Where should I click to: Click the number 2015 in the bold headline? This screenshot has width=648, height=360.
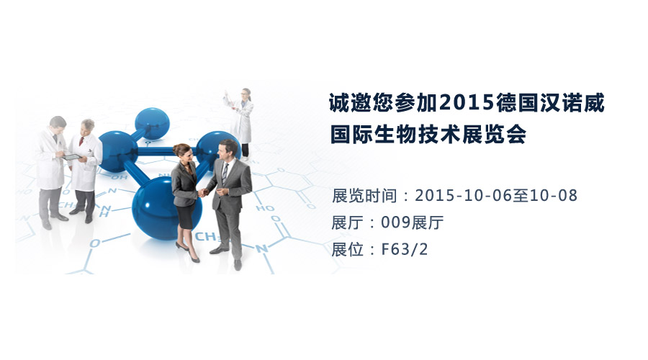tap(467, 102)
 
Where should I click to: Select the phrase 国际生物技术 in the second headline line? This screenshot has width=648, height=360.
tap(395, 134)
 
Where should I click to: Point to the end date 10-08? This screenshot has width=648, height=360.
tap(553, 196)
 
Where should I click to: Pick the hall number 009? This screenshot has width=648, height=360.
tap(395, 222)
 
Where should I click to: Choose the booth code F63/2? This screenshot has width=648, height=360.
tap(404, 249)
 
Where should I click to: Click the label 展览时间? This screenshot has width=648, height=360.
tap(364, 196)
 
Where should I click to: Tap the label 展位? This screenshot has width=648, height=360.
tap(348, 249)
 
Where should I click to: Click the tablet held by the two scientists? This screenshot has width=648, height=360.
tap(71, 157)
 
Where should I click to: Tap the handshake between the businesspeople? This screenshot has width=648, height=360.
tap(203, 192)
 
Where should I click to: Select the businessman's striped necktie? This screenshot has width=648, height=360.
tap(225, 173)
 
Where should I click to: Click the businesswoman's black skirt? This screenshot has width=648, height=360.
tap(186, 216)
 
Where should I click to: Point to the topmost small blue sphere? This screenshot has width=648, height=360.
tap(152, 122)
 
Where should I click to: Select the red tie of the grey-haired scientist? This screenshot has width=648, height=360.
tap(82, 141)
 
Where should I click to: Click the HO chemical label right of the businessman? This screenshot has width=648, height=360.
tap(265, 208)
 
